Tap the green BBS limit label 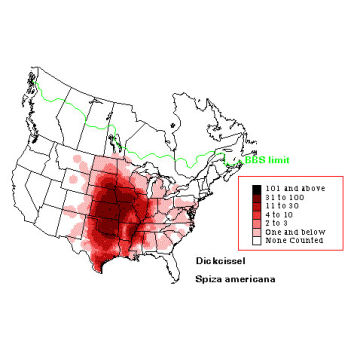pos(264,158)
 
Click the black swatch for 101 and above pos(259,189)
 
